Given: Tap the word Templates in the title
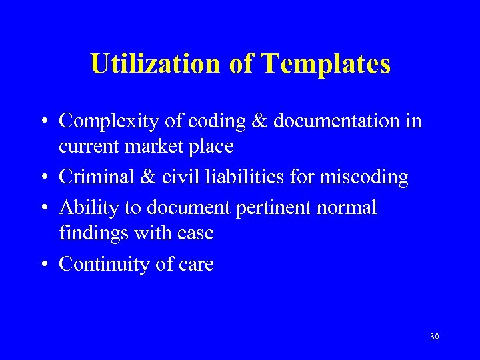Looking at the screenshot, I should point(326,64).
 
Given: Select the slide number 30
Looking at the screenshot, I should point(435,337).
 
